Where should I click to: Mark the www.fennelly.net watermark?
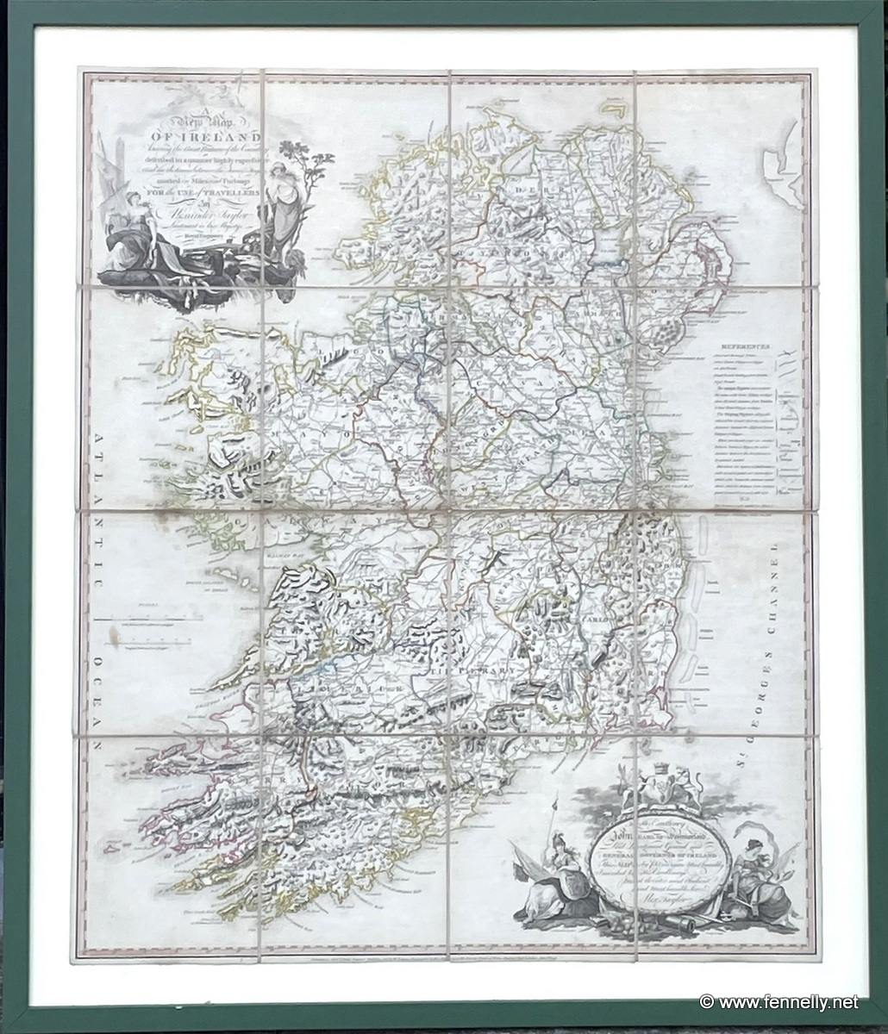(779, 1002)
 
